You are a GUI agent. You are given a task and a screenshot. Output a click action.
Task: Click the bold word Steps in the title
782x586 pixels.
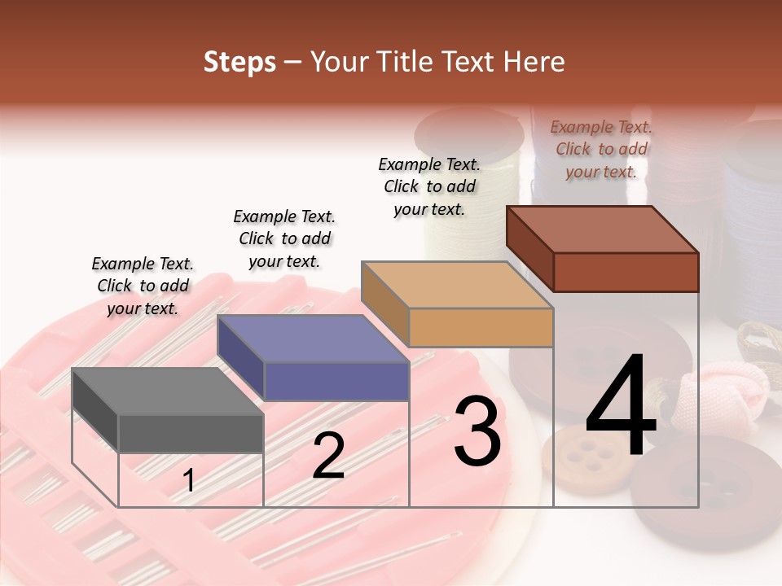click(239, 62)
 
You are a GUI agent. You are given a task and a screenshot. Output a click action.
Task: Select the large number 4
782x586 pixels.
click(622, 409)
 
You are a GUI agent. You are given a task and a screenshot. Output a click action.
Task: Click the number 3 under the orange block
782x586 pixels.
click(477, 431)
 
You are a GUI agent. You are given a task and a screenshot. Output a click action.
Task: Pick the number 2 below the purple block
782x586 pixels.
click(328, 457)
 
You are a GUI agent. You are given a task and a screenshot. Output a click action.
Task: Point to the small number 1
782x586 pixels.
click(188, 481)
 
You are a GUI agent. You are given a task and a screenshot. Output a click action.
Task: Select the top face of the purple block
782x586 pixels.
click(313, 338)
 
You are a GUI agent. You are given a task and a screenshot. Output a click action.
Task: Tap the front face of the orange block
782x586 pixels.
click(481, 327)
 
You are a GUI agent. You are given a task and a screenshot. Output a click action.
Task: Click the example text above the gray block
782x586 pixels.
click(143, 286)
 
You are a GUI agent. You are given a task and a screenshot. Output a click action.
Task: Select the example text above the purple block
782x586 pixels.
click(284, 238)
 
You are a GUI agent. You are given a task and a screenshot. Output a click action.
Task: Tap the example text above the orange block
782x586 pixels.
click(429, 186)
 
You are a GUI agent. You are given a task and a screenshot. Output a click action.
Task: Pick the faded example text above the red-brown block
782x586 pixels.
click(601, 149)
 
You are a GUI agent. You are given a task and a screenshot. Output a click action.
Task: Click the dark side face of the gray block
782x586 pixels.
click(94, 408)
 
